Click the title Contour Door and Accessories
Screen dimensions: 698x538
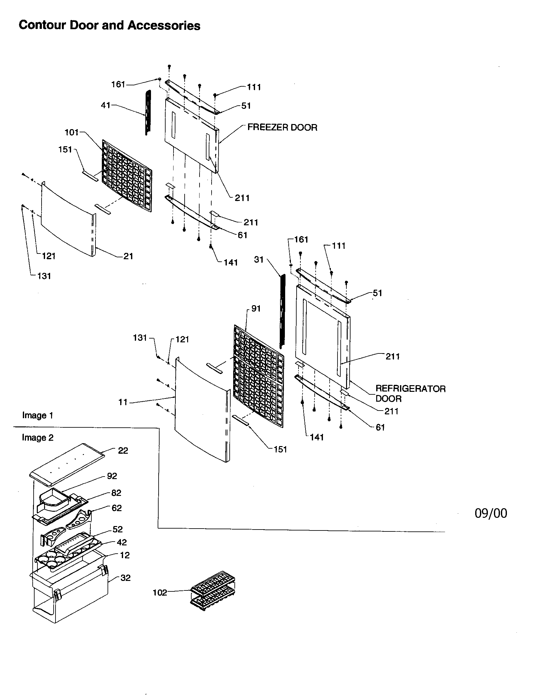[109, 25]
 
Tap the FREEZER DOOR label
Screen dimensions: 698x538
[282, 128]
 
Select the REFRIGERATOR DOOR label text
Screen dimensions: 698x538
[410, 393]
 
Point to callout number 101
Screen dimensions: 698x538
[72, 132]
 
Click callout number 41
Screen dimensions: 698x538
[105, 105]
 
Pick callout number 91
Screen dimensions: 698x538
[256, 308]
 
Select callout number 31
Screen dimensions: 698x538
[259, 260]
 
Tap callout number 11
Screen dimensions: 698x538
[123, 402]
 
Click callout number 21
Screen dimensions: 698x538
[128, 256]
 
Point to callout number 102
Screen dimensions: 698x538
[160, 593]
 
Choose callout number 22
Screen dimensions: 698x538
[123, 451]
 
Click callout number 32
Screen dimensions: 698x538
[126, 578]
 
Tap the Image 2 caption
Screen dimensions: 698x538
[38, 438]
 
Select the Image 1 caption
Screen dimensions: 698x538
[38, 416]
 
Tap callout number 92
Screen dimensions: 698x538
[112, 476]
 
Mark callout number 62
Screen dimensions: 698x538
[117, 508]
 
